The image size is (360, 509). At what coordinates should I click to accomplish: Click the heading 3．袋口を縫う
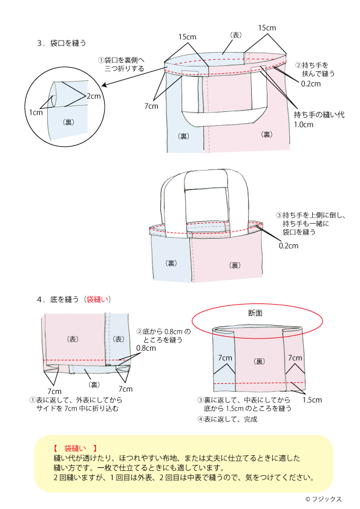[x=62, y=43]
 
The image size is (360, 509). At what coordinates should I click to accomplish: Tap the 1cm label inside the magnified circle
[x=35, y=112]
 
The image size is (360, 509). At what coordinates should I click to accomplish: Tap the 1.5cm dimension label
[x=312, y=400]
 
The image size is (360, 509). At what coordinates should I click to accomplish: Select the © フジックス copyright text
[x=324, y=499]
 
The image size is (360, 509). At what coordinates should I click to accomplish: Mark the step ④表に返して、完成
[x=227, y=420]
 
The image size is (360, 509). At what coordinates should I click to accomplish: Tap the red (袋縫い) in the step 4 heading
[x=97, y=299]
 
